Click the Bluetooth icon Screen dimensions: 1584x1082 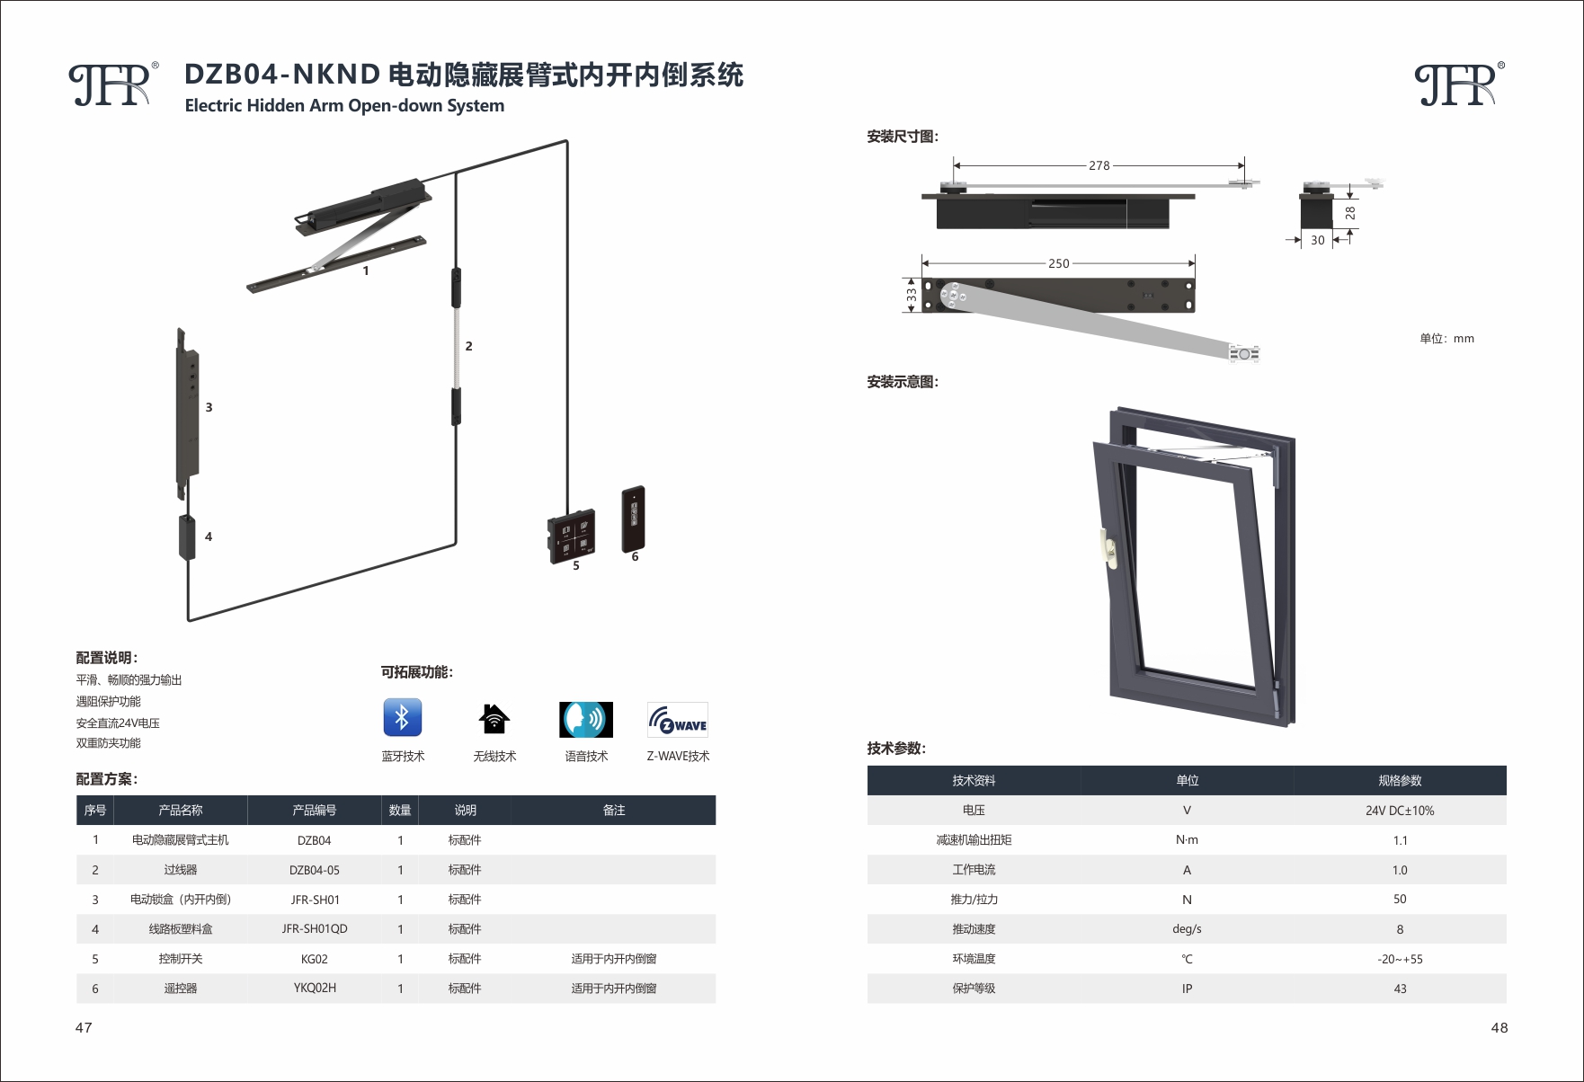coord(402,718)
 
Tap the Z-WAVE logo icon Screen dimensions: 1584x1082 coord(678,720)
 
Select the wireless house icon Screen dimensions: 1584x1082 coord(494,719)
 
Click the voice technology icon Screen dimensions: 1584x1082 coord(586,720)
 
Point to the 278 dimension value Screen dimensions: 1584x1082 coord(1099,165)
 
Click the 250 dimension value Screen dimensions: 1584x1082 coord(1059,263)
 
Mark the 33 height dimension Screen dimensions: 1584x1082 coord(912,294)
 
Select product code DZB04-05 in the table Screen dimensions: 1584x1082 coord(315,870)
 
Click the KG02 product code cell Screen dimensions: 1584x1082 coord(315,959)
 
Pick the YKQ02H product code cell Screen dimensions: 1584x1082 coord(315,988)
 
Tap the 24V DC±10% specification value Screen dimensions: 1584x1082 coord(1400,811)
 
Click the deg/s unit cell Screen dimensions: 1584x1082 coord(1187,929)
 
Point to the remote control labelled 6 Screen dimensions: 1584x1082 coord(633,519)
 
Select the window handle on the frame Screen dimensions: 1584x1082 coord(1108,548)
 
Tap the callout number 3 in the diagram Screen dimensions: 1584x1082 coord(209,407)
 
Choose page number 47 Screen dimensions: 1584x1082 coord(84,1027)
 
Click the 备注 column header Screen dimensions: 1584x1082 coord(614,811)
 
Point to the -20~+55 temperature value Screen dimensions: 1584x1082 coord(1400,959)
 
